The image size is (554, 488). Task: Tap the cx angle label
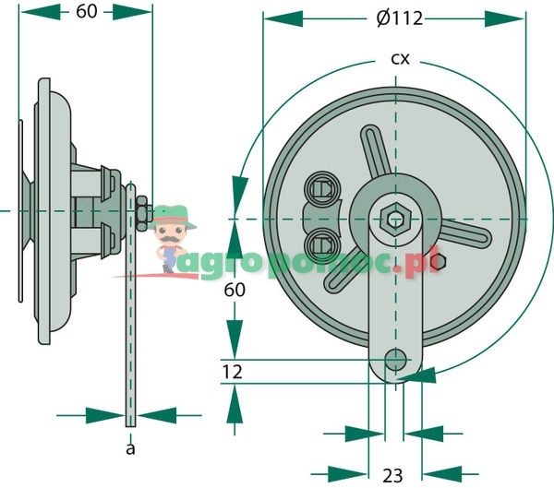point(399,59)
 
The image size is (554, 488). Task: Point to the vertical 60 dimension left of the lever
point(235,290)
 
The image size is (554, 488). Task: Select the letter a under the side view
point(130,448)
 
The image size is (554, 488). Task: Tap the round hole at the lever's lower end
point(397,358)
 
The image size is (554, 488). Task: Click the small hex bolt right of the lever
point(440,262)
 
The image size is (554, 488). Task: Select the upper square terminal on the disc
point(323,188)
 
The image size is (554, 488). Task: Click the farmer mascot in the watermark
point(172,239)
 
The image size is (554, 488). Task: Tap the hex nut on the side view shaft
point(140,211)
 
